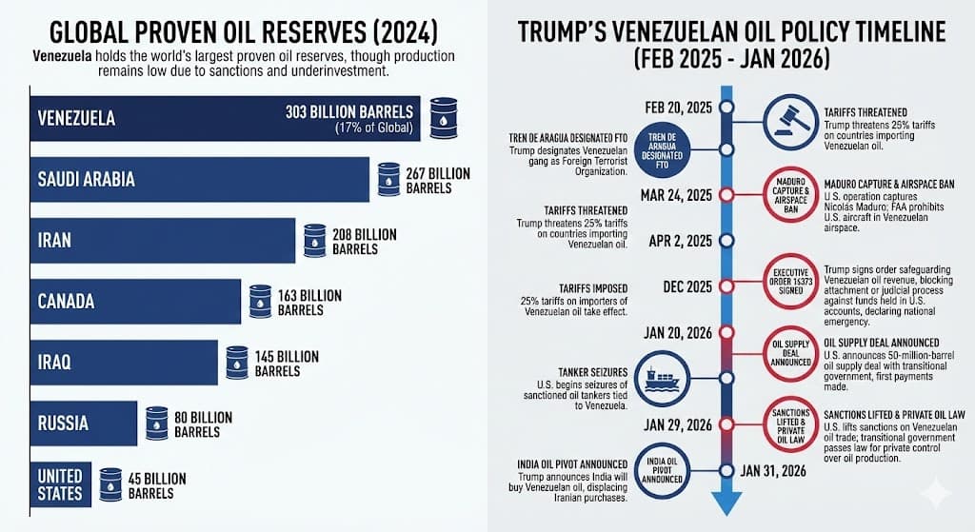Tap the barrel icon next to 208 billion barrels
click(x=315, y=241)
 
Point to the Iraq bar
click(x=124, y=363)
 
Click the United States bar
click(x=62, y=483)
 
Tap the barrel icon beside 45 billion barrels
click(x=110, y=484)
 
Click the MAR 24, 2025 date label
click(x=678, y=195)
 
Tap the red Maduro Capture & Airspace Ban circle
click(x=791, y=196)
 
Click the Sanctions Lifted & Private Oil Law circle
click(x=790, y=425)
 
